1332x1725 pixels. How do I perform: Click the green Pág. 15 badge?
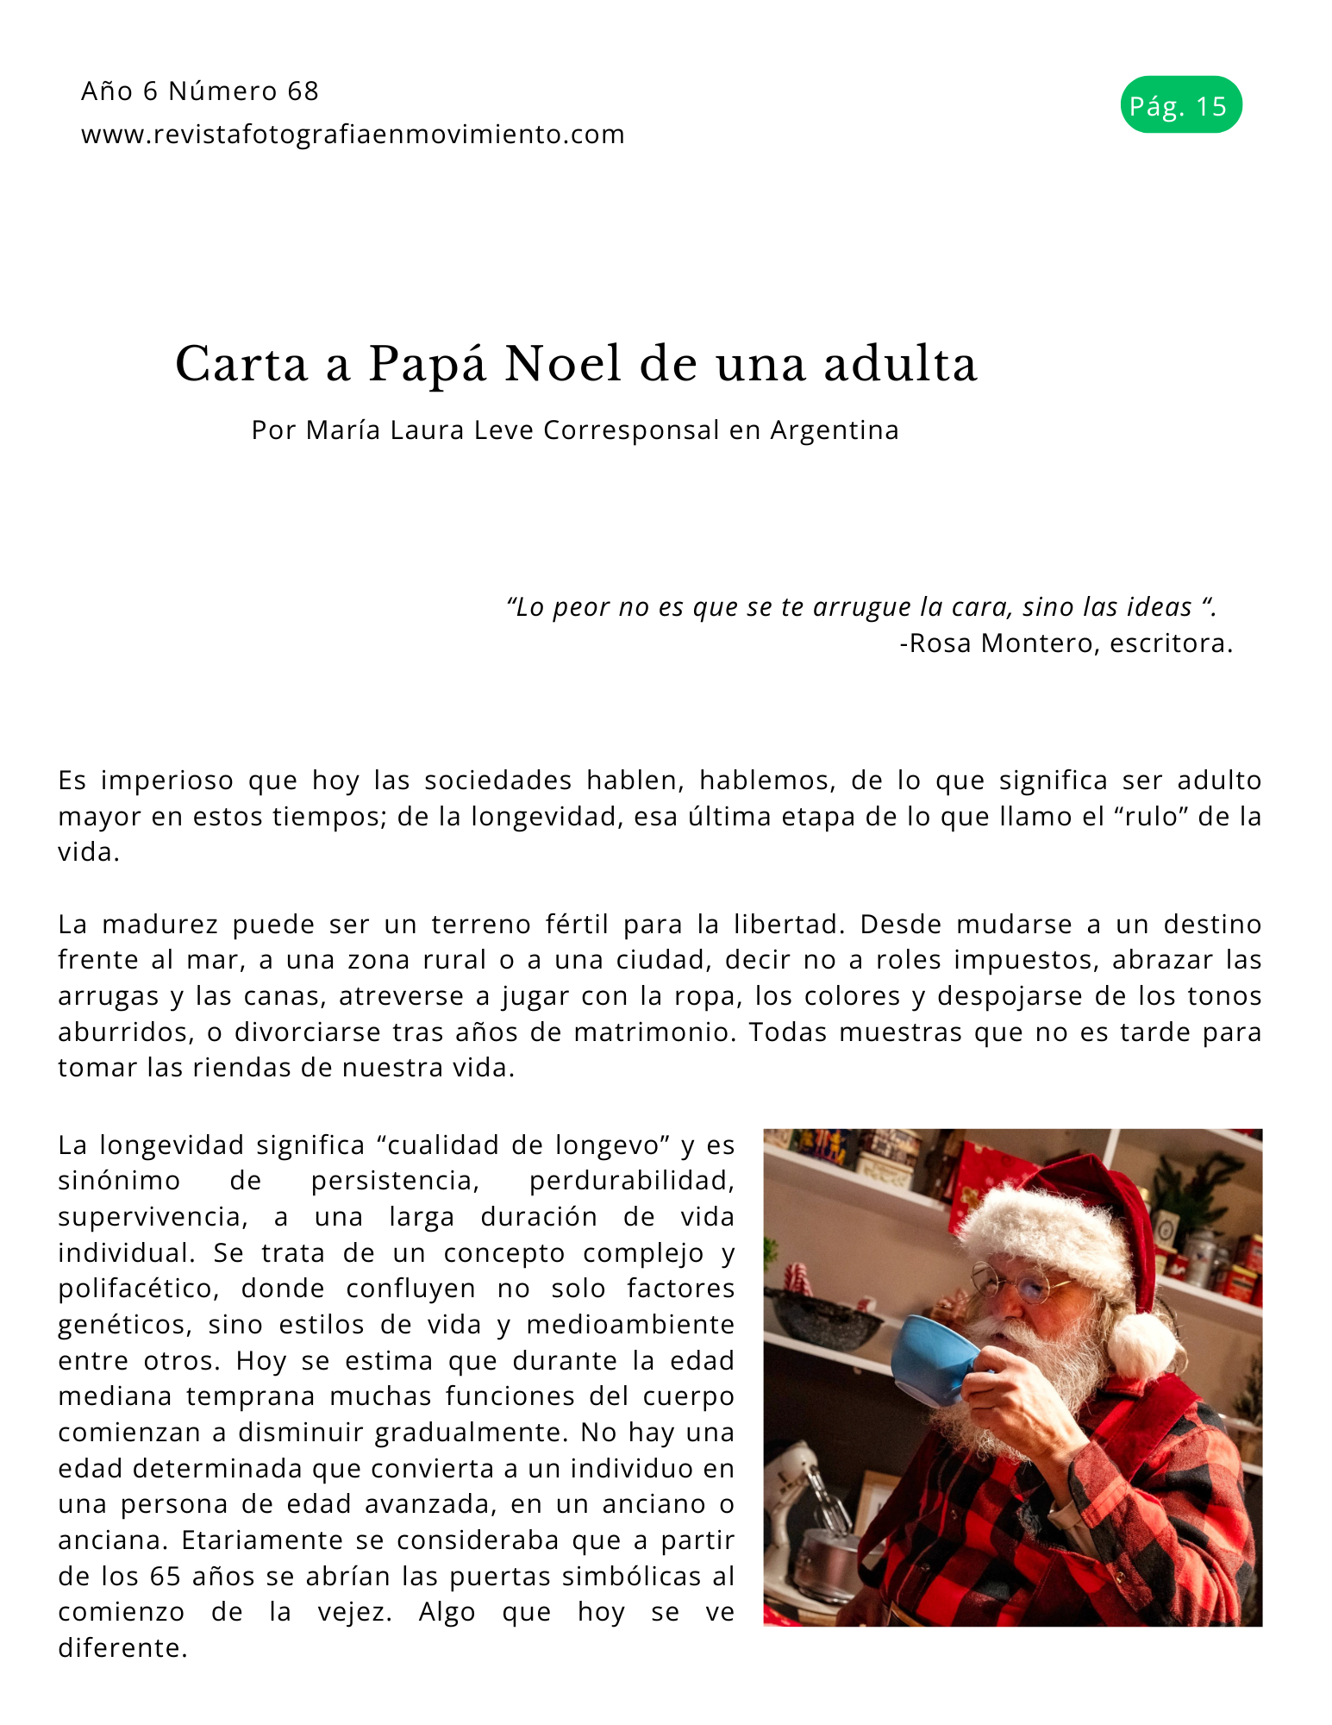[1180, 105]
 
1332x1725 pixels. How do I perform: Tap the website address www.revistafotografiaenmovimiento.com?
[353, 135]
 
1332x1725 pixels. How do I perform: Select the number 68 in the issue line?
[303, 91]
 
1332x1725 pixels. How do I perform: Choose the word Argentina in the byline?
[834, 430]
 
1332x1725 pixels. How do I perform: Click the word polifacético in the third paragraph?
[137, 1289]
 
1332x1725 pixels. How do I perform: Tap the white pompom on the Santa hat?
[1140, 1344]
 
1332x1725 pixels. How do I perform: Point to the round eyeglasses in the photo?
[1022, 1283]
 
